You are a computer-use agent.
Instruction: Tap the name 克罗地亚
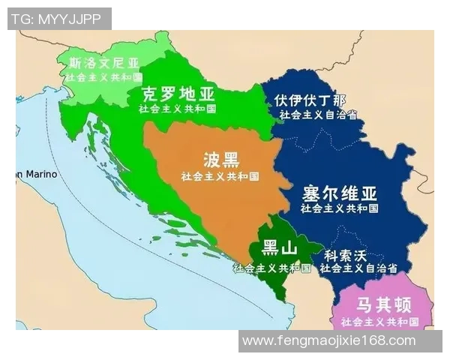(178, 94)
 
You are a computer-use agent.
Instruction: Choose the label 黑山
(280, 247)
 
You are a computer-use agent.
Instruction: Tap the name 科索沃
(346, 254)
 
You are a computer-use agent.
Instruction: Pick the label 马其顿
(382, 305)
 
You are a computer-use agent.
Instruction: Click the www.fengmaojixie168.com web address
(329, 340)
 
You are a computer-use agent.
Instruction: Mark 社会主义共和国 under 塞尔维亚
(340, 208)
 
